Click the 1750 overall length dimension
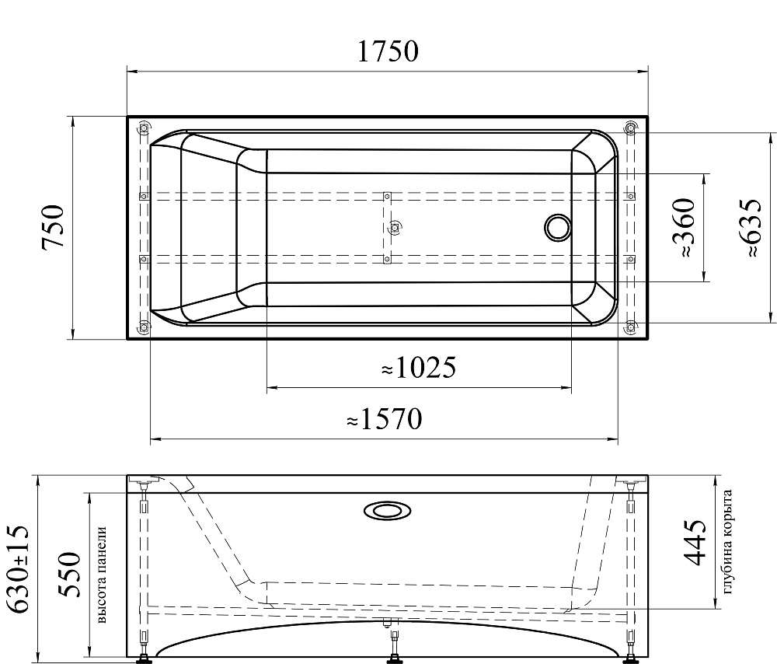tap(388, 51)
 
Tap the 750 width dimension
tap(54, 226)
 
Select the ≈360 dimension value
tap(684, 228)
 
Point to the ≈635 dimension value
tap(749, 228)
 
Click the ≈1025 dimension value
tap(419, 368)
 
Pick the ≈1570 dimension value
tap(385, 419)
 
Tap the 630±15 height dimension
tap(19, 569)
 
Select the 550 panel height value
tap(68, 575)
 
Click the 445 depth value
tap(694, 543)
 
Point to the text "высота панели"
tap(103, 575)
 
